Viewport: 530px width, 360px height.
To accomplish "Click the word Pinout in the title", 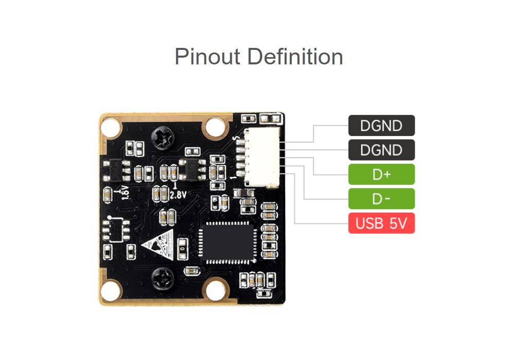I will coord(207,57).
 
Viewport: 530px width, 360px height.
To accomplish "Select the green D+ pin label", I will coord(381,175).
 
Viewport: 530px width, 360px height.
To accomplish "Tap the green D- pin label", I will coord(381,199).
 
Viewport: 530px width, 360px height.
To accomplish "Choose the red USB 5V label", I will coord(381,224).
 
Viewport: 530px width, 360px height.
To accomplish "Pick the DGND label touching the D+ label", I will coord(381,150).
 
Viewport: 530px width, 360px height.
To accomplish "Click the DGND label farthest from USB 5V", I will coord(381,126).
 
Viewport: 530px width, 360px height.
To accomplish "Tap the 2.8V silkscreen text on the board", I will coord(177,194).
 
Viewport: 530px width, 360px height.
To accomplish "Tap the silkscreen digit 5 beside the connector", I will coord(236,139).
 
